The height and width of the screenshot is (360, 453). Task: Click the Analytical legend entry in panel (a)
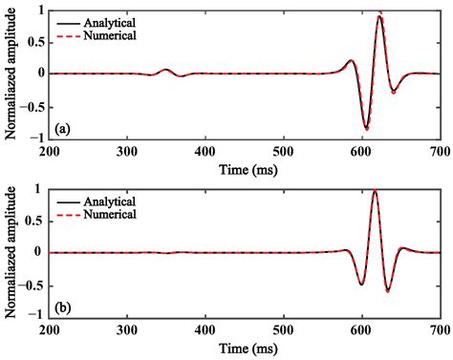click(107, 21)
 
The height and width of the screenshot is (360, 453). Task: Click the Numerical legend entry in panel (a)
click(107, 35)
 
